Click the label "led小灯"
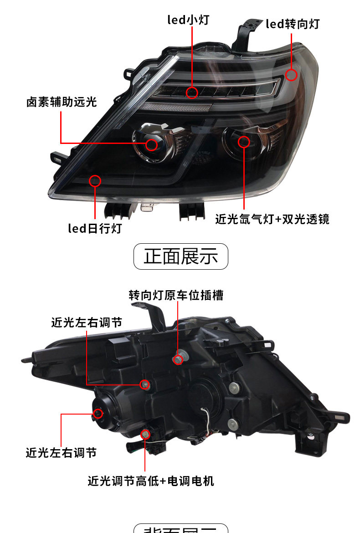click(188, 20)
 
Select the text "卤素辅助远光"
click(62, 102)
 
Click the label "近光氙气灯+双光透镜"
click(272, 220)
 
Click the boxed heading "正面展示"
click(180, 256)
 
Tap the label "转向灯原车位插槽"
click(176, 295)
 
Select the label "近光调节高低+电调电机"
click(151, 481)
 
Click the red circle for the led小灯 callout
click(192, 92)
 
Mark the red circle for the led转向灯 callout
click(291, 75)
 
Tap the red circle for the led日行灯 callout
click(95, 180)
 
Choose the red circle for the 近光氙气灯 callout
click(244, 142)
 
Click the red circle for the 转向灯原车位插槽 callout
click(178, 360)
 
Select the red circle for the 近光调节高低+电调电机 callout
click(145, 434)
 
